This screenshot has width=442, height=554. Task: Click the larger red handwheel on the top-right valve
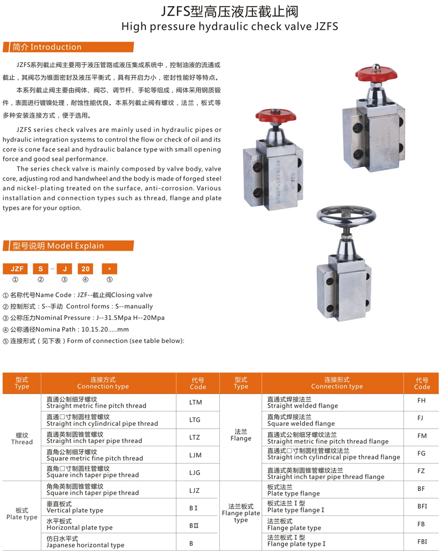click(x=376, y=74)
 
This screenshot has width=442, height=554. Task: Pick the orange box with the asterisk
click(x=109, y=269)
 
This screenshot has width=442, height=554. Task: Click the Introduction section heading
click(x=47, y=47)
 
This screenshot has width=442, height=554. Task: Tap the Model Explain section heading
click(x=58, y=246)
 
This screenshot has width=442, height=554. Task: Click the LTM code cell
click(x=196, y=403)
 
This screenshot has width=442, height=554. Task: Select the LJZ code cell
click(x=194, y=490)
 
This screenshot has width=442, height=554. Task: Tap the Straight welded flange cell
click(x=302, y=402)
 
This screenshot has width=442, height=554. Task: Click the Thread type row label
click(x=22, y=439)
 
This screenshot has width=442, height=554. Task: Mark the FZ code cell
click(x=422, y=471)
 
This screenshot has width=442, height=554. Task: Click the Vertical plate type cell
click(x=75, y=507)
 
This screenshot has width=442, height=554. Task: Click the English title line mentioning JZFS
click(x=229, y=26)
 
